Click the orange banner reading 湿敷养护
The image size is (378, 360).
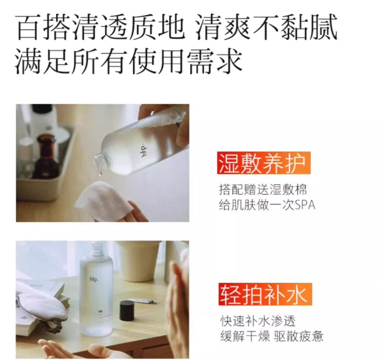point(264,163)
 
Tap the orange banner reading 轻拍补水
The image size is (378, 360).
point(265,295)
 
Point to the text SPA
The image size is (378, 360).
point(305,205)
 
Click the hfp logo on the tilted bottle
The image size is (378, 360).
point(144,150)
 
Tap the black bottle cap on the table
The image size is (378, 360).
point(127,311)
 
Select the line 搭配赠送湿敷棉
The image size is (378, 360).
point(263,189)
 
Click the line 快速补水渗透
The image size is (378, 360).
point(258,321)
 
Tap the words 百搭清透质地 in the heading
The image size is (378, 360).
point(99,27)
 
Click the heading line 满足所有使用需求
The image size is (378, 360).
point(129,60)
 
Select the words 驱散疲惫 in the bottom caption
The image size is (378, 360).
point(299,336)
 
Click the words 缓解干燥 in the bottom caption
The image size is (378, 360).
point(245,336)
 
